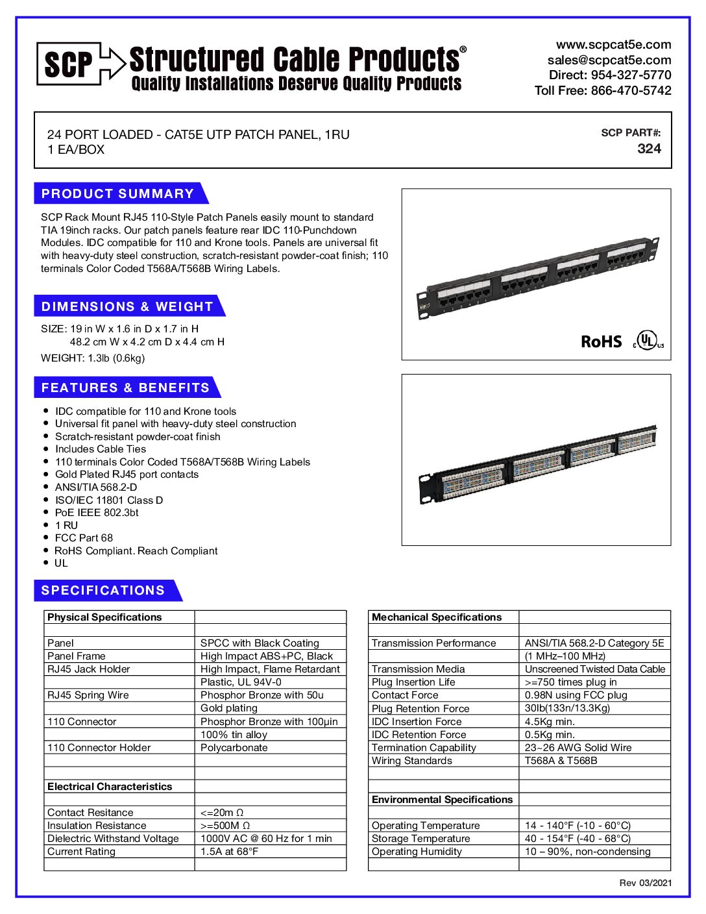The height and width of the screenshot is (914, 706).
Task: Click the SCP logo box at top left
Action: [x=68, y=64]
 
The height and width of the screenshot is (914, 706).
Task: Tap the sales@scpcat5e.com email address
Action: [x=609, y=60]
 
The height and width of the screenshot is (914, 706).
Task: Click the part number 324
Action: [x=649, y=149]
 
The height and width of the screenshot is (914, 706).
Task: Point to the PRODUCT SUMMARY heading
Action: [x=117, y=193]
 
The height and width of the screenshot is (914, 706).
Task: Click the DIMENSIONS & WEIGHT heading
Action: [x=127, y=306]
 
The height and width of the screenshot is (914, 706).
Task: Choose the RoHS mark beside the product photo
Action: [x=601, y=342]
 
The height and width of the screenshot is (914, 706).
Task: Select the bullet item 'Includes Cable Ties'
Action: [x=101, y=449]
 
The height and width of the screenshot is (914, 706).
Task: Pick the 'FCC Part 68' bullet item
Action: [x=84, y=538]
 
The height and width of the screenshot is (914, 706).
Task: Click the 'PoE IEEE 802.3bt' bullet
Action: [x=97, y=513]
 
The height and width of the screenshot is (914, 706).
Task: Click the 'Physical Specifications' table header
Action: [x=104, y=617]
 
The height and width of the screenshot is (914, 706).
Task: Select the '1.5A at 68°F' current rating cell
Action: [x=229, y=852]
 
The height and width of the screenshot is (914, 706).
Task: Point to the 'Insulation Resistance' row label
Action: [x=97, y=826]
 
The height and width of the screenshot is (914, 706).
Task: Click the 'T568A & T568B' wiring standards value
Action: [x=561, y=761]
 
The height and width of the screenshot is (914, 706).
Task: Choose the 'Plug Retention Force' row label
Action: [x=420, y=709]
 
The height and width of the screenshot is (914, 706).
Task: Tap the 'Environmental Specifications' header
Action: [x=442, y=800]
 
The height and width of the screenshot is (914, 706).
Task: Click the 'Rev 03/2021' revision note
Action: [x=645, y=883]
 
